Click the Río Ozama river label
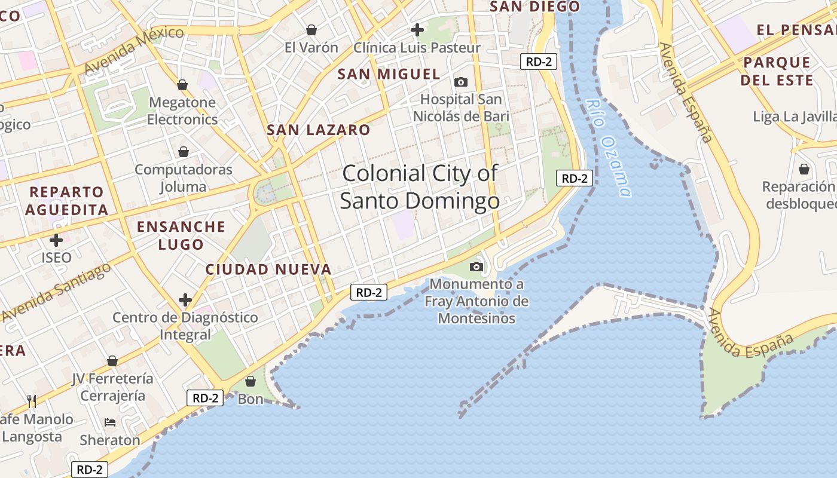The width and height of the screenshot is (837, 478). (609, 148)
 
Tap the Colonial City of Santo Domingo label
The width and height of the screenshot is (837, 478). (420, 186)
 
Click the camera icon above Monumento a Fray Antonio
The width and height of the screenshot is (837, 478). (476, 266)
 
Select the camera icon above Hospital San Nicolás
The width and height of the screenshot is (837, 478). (460, 82)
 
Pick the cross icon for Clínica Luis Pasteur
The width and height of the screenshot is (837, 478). (417, 29)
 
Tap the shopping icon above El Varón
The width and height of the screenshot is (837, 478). (311, 30)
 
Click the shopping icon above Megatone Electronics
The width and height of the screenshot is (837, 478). (182, 85)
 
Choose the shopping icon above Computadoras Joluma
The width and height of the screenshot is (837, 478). (184, 152)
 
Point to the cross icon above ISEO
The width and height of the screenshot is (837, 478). (56, 241)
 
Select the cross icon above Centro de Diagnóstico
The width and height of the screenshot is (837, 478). (185, 299)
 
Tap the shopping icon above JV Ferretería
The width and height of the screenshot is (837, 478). (112, 361)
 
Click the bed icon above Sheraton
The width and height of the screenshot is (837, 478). (110, 422)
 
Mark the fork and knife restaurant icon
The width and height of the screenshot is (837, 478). (32, 401)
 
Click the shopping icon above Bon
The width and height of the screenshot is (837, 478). (251, 381)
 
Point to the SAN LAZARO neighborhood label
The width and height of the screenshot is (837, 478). (318, 130)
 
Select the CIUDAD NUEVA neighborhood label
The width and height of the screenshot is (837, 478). (268, 269)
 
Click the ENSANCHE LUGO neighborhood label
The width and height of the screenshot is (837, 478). (181, 235)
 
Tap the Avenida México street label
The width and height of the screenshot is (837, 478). (133, 51)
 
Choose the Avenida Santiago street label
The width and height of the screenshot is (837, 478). (57, 292)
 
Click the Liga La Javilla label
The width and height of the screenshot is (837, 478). (794, 117)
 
